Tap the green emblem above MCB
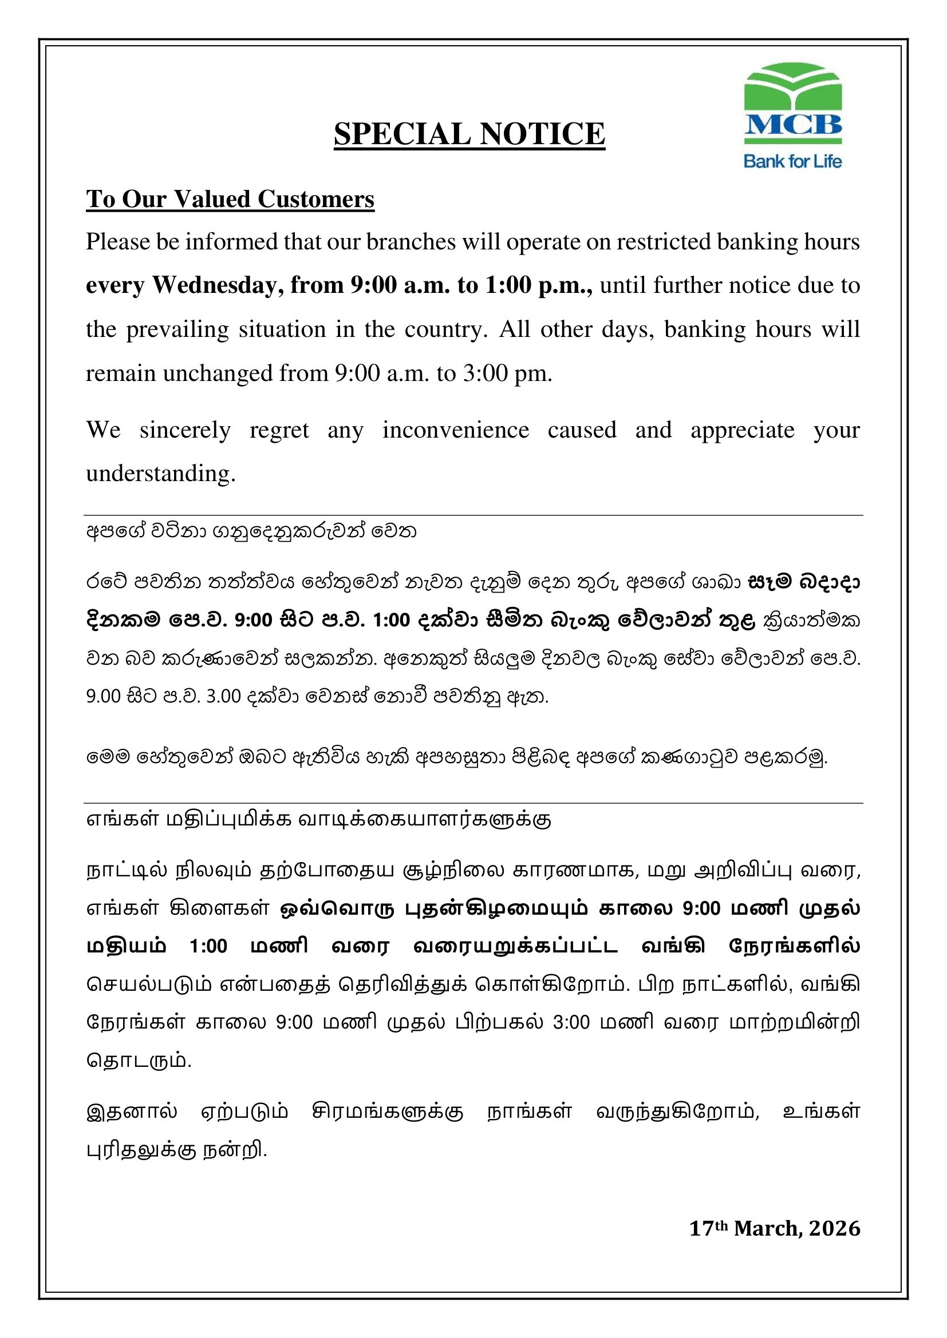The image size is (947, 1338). point(792,86)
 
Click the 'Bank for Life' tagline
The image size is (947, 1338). point(792,161)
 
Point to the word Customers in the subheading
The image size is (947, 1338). point(315,199)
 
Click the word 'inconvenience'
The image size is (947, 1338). point(455,430)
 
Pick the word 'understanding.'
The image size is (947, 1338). point(160,474)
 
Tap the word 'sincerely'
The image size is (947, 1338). point(185,430)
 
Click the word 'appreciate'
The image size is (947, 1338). point(743,430)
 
